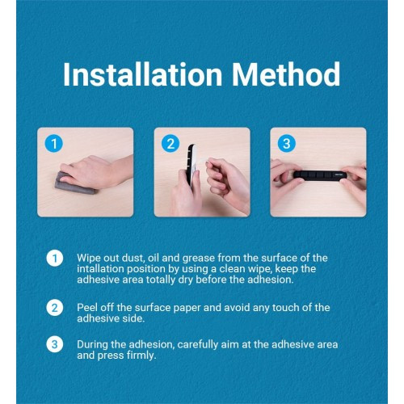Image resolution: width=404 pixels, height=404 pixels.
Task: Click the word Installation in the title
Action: point(143,74)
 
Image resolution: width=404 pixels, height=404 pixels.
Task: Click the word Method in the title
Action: point(286,74)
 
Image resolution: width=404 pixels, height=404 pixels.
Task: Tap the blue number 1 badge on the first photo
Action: point(54,143)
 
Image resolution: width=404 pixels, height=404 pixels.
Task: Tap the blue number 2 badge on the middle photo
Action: point(170,143)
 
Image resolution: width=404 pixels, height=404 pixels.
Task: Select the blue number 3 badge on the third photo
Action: point(287,143)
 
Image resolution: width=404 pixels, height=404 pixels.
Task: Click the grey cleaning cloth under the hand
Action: point(74,185)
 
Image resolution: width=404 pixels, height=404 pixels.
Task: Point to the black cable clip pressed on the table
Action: point(320,175)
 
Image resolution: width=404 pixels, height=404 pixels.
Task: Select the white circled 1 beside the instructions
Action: point(55,259)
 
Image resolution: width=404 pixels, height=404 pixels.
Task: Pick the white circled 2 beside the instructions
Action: point(55,308)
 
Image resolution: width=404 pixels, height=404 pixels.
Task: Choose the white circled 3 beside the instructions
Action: point(55,344)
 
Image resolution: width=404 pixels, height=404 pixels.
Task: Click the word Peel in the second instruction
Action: point(86,308)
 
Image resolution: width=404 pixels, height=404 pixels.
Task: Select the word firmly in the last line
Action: point(141,356)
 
